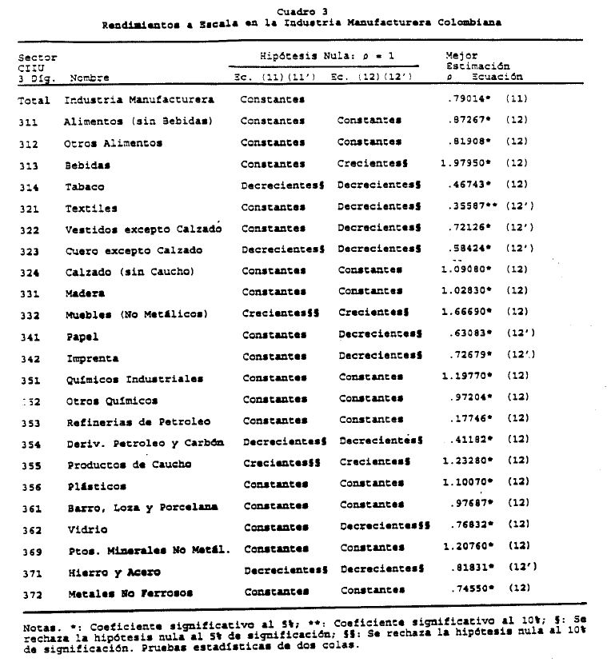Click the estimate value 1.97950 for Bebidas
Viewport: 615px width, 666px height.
464,164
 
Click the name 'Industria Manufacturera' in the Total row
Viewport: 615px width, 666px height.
139,100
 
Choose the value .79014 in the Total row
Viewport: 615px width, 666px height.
467,99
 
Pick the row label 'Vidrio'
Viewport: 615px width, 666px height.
84,528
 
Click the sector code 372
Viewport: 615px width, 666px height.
30,592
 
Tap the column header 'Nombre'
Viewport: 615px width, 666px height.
90,78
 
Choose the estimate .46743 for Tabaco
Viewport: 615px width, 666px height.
468,185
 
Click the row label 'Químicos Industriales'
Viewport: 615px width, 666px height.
134,378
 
